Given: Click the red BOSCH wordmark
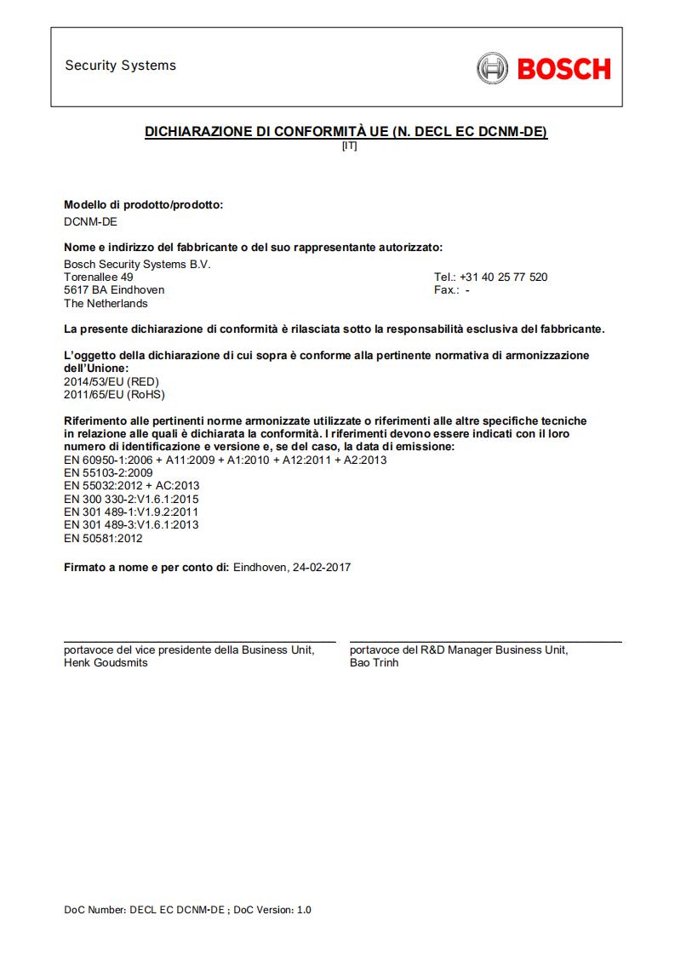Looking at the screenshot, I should [563, 68].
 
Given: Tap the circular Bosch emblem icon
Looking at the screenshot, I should [492, 68].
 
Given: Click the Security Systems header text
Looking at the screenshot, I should [120, 66].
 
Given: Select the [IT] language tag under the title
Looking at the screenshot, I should [349, 146].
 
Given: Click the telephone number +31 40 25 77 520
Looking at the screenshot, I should [503, 277].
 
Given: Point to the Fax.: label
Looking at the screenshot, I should [447, 290].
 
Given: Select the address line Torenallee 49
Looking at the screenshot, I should [99, 277].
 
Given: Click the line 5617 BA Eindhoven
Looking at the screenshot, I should [114, 290].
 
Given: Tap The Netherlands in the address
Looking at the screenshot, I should [106, 304].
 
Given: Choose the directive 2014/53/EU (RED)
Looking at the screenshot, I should [112, 382].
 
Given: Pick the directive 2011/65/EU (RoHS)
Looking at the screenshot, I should [114, 395].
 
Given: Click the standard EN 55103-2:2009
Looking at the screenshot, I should [108, 473].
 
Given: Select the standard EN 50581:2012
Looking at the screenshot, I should [103, 539].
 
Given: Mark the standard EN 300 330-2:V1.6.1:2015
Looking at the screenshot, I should [131, 500].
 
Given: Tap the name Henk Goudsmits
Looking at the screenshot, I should [106, 663].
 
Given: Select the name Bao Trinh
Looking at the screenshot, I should [374, 663].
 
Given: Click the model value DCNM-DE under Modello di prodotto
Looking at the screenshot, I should [91, 223].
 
